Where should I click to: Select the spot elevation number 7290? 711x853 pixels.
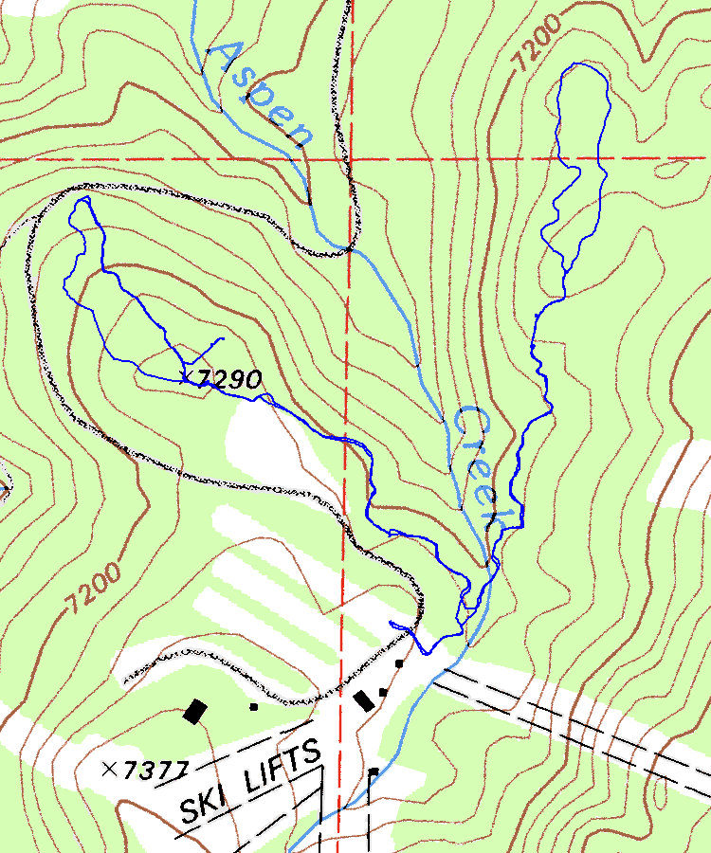click(231, 380)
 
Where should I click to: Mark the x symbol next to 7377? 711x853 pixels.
click(113, 767)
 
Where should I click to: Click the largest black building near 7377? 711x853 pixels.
click(196, 710)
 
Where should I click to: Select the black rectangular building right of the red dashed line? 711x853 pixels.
click(362, 700)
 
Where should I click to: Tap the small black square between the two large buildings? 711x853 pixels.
click(253, 706)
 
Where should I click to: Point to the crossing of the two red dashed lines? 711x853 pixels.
click(350, 158)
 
